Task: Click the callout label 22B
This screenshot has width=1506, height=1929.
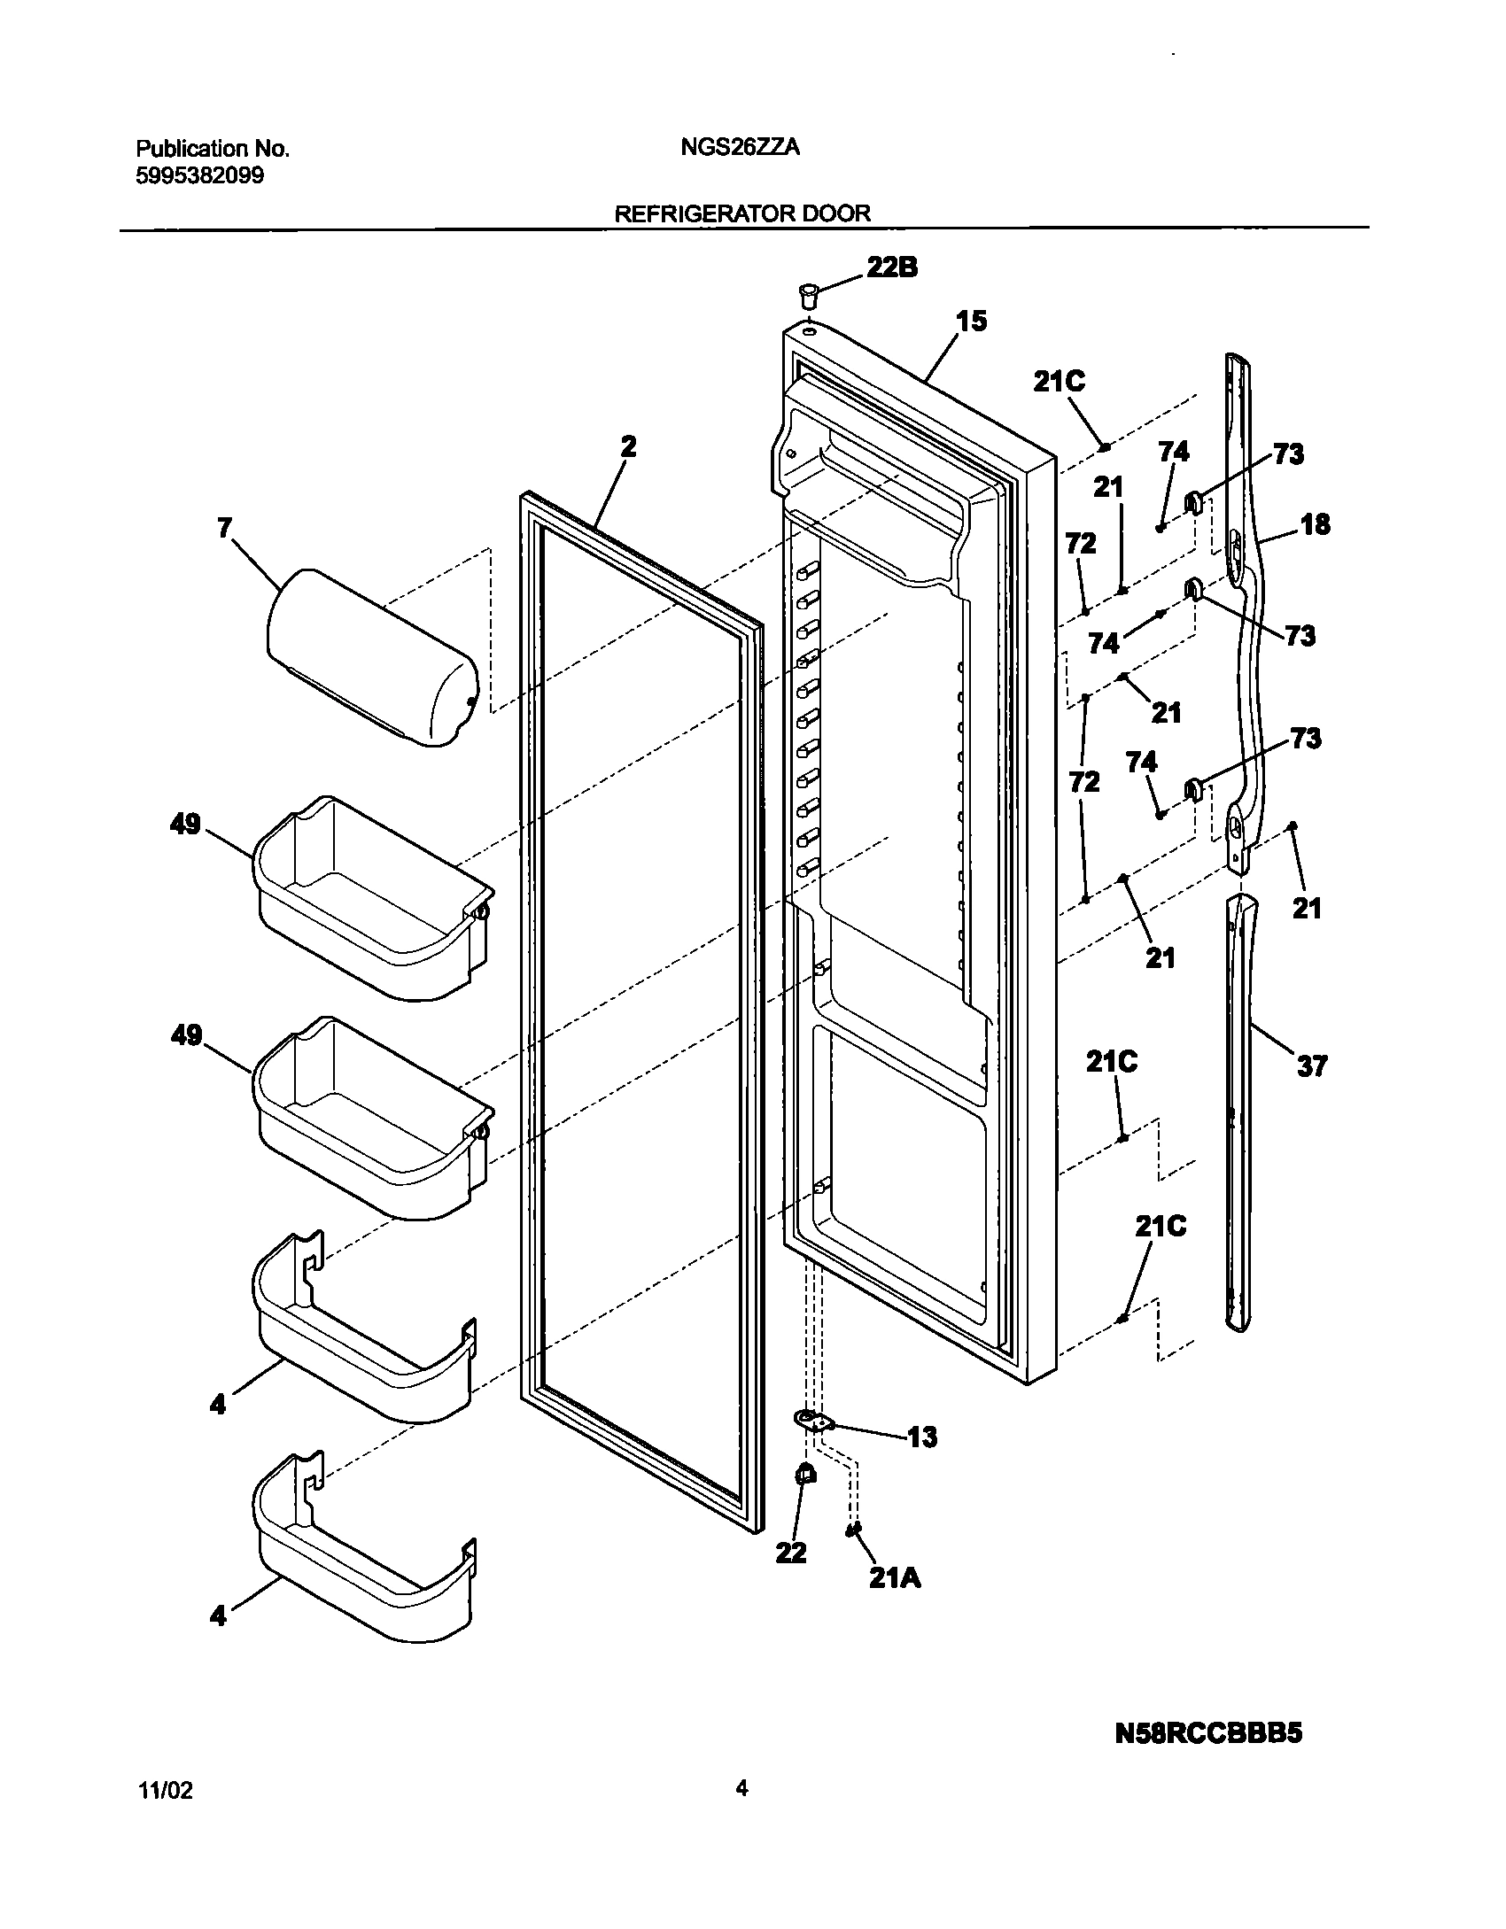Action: [891, 267]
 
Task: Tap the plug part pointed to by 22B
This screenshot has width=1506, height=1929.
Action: [808, 293]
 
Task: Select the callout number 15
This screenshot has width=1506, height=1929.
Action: [971, 321]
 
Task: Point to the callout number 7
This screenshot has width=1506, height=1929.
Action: [224, 528]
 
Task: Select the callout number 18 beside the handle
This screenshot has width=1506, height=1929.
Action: [1315, 524]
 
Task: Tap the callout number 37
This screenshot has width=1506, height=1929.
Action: [1312, 1065]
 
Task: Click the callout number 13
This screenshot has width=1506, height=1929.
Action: [921, 1436]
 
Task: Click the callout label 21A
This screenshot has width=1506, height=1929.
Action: [894, 1577]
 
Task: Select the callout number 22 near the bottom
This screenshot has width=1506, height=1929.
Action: [791, 1552]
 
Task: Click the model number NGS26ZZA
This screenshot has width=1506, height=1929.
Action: [740, 148]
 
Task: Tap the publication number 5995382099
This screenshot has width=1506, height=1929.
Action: [199, 175]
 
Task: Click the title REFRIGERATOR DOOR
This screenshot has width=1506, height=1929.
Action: [741, 213]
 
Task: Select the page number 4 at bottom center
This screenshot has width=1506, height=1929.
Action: [741, 1788]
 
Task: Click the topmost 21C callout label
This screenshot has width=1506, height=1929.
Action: [1059, 382]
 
